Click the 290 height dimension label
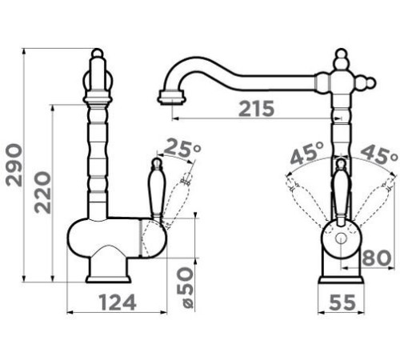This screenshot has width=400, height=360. coord(14,165)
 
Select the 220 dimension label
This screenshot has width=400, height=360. coord(42,193)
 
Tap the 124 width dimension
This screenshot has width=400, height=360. coord(118,302)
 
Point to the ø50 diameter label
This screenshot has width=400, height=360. coord(185,288)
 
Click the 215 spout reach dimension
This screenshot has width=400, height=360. coord(256,109)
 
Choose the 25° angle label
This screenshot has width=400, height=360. coord(182,148)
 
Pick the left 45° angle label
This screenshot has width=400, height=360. coord(307,154)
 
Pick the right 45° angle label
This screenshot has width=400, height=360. coord(379,154)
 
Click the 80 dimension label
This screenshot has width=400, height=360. coord(377,258)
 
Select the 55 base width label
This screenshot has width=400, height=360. coord(342,302)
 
